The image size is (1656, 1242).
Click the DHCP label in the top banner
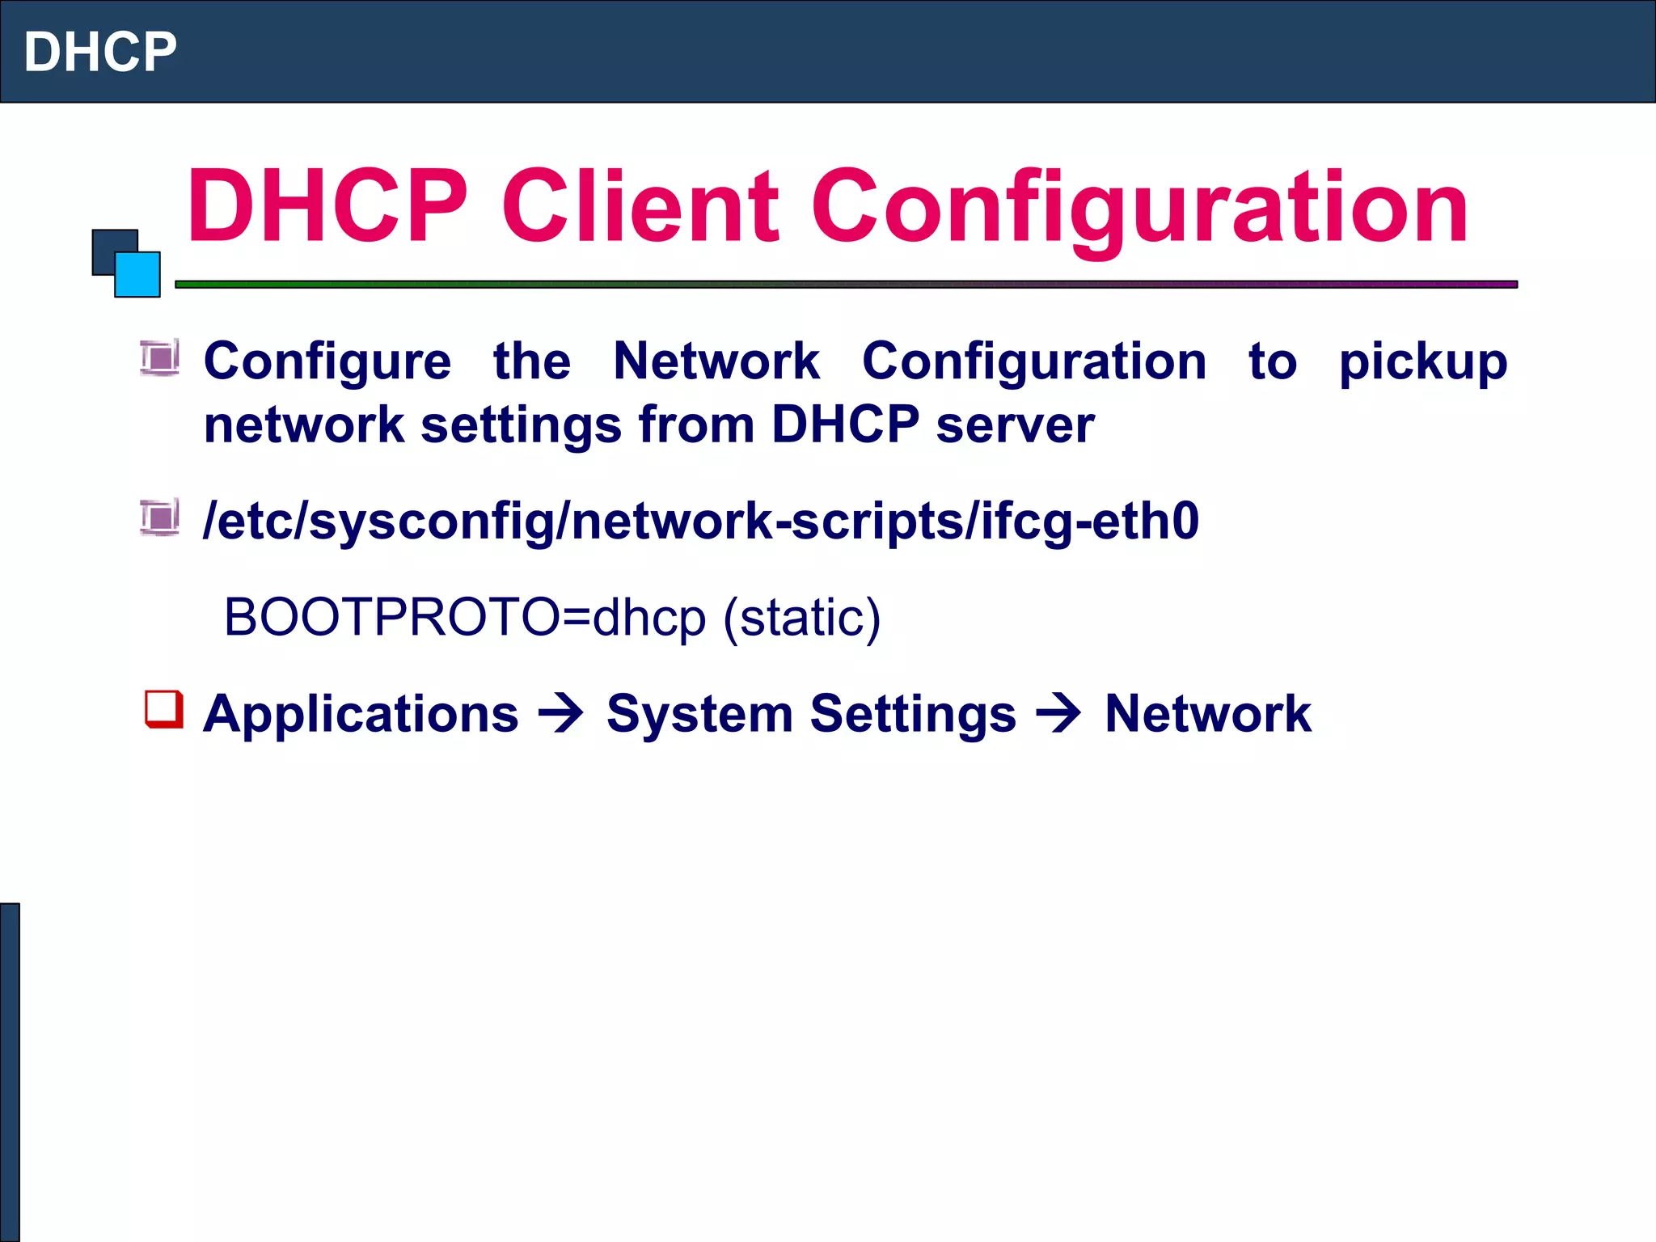click(x=100, y=52)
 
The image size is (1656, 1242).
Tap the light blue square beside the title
click(x=138, y=276)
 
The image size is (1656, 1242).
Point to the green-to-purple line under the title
click(x=846, y=285)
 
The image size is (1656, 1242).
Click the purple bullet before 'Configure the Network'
click(x=159, y=358)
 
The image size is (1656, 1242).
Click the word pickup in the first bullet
click(x=1422, y=361)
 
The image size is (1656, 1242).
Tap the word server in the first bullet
click(x=1015, y=425)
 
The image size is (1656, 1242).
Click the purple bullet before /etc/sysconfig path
click(x=159, y=517)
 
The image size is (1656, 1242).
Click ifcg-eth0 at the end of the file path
click(x=1090, y=522)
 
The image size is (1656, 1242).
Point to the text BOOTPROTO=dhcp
click(x=464, y=618)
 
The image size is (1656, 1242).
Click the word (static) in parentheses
click(x=801, y=618)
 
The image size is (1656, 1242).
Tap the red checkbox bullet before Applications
click(x=164, y=709)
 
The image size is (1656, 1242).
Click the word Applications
click(x=361, y=714)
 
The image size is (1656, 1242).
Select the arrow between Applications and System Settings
click(x=561, y=714)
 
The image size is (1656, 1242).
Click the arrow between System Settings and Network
click(x=1059, y=714)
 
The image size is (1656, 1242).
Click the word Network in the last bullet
click(x=1207, y=714)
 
